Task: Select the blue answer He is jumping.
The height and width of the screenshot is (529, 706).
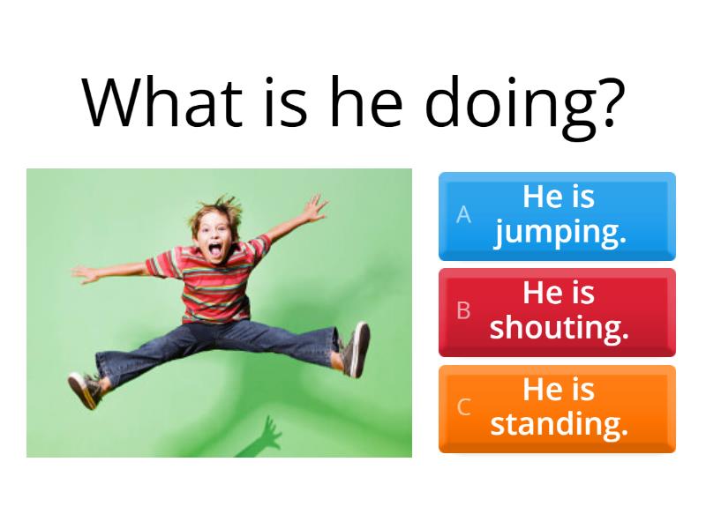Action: click(557, 216)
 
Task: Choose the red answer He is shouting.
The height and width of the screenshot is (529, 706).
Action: click(557, 310)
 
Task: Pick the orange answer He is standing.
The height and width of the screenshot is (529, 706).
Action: click(557, 407)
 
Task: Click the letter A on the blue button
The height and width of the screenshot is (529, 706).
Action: click(463, 215)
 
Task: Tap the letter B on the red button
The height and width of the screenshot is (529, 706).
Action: click(463, 310)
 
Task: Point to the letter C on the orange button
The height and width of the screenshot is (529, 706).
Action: click(463, 407)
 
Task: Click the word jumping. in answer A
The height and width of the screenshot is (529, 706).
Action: click(560, 233)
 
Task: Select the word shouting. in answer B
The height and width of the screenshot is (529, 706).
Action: click(560, 328)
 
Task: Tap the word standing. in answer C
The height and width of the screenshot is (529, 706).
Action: click(560, 424)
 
